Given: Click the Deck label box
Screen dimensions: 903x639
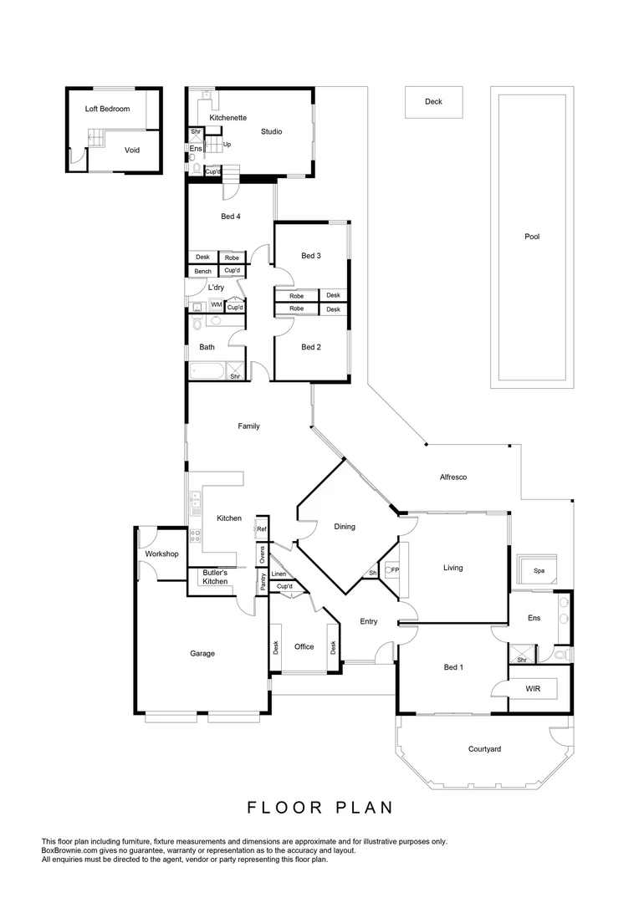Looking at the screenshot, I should coord(433,102).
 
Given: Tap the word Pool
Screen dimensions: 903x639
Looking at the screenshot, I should coord(532,237).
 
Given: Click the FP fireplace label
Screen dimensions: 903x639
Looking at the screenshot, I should coord(393,570).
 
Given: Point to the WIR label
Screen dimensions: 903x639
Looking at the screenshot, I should coord(533,689).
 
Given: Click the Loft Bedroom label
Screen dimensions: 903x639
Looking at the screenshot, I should coord(107,109).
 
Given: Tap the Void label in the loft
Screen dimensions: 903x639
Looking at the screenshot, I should coord(132,150).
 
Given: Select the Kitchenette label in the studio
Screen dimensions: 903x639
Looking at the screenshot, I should coord(228,118).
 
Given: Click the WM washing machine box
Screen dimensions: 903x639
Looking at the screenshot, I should coord(216,305).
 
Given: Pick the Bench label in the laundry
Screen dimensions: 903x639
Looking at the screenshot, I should coord(202,271).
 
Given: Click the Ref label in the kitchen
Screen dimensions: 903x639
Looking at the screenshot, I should coord(261,529).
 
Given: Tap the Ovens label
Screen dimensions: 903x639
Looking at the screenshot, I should coord(262,555).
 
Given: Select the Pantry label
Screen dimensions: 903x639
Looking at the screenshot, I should coord(263,583).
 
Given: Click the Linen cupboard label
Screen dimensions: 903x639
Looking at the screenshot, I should coord(279,574).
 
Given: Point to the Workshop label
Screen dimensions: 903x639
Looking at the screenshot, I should coord(162,554).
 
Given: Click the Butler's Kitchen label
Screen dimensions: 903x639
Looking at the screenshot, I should coord(215,576).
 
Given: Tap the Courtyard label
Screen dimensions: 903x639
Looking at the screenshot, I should coord(484,749).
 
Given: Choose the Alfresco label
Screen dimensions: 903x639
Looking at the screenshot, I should coord(452,477).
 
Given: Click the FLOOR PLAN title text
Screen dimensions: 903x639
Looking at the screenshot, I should coord(319,808).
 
